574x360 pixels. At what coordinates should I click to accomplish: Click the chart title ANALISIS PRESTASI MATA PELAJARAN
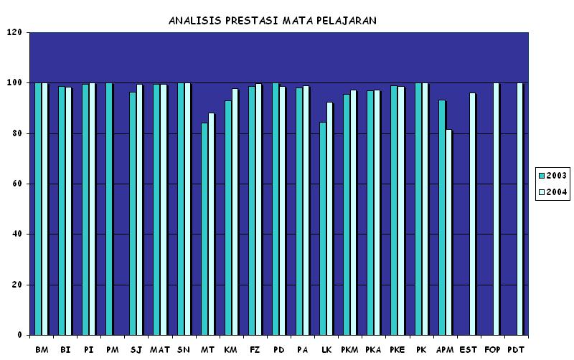pos(272,21)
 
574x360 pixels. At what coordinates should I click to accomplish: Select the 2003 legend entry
pos(552,176)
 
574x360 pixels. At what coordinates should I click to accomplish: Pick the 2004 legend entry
pos(552,192)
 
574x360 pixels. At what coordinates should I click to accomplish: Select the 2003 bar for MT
pos(204,229)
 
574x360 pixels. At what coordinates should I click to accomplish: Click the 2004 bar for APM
pos(449,232)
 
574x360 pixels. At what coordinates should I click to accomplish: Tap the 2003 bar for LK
pos(323,229)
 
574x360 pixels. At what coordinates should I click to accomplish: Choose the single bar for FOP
pos(496,209)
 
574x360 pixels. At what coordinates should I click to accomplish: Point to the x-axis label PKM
pos(350,349)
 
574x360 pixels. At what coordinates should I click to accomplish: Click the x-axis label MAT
pos(160,349)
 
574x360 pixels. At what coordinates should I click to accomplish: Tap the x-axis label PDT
pos(516,349)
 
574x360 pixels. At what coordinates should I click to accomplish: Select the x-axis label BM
pos(42,349)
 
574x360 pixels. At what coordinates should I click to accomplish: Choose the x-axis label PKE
pos(397,349)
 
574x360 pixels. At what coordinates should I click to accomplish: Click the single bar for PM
pos(109,209)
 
